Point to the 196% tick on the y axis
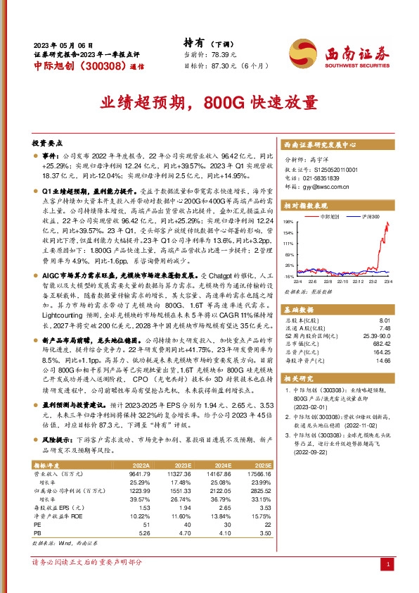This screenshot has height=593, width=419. pos(288,222)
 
